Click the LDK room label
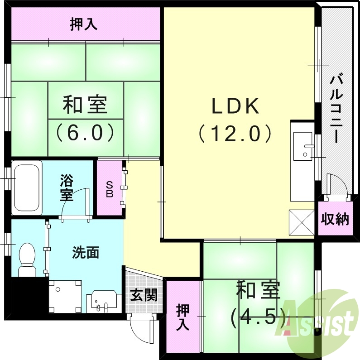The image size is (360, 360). (x=235, y=106)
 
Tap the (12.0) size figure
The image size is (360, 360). (x=235, y=134)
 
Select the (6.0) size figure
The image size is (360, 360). (x=85, y=132)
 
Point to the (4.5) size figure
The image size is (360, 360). (x=258, y=317)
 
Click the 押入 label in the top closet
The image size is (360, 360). (x=84, y=24)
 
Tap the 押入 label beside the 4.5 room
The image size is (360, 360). (x=183, y=317)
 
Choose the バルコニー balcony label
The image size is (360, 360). (x=336, y=109)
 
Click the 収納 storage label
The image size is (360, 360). (x=335, y=220)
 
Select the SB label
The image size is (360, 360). (x=109, y=189)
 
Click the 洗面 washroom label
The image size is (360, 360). (x=86, y=253)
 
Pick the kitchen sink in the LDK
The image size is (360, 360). (x=302, y=146)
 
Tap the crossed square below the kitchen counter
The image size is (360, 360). (x=301, y=222)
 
